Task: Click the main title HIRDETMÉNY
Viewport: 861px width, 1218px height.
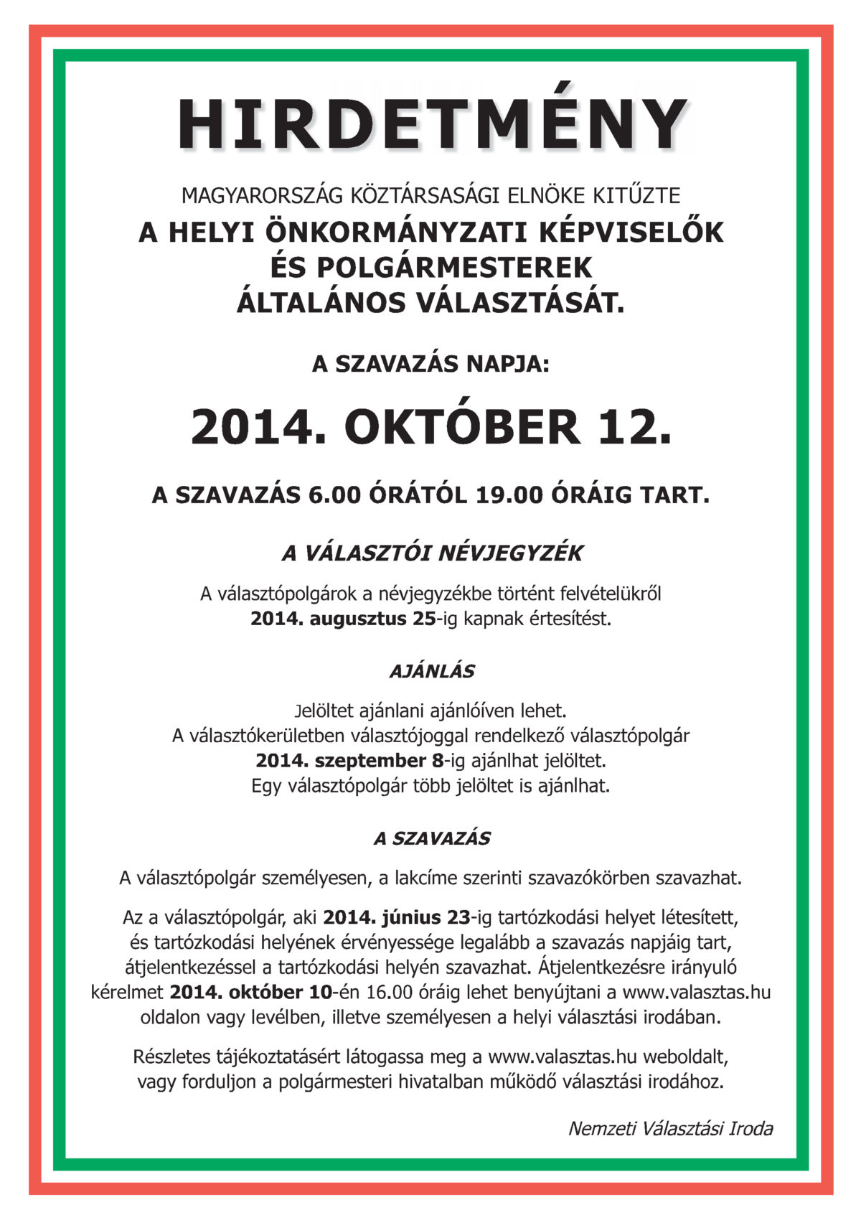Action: pyautogui.click(x=433, y=123)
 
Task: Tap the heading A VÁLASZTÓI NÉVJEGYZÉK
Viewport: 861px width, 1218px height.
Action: pyautogui.click(x=432, y=553)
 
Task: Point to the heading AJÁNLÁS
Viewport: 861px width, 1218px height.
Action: pyautogui.click(x=432, y=672)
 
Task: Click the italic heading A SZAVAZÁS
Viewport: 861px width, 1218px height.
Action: pyautogui.click(x=432, y=838)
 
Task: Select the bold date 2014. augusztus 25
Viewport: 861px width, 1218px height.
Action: pyautogui.click(x=343, y=619)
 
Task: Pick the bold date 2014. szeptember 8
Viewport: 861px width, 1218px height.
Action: pyautogui.click(x=350, y=760)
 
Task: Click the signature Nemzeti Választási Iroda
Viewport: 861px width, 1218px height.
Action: pyautogui.click(x=670, y=1129)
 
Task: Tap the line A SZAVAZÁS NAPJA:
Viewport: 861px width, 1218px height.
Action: pyautogui.click(x=430, y=364)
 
